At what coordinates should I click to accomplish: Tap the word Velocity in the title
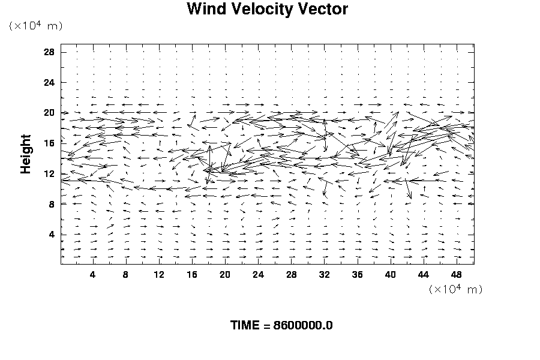[262, 10]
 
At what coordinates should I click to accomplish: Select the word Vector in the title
[324, 10]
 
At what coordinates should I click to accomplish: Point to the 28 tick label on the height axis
[49, 52]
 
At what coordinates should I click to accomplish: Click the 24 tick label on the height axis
[49, 83]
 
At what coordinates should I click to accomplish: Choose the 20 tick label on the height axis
[49, 113]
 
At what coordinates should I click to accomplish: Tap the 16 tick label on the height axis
[49, 143]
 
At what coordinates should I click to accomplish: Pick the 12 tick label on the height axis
[49, 174]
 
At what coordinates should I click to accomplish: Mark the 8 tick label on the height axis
[52, 205]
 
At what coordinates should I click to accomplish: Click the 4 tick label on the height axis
[52, 235]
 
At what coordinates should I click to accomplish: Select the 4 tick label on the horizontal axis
[92, 275]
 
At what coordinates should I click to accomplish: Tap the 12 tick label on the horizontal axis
[159, 275]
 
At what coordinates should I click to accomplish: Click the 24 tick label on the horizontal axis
[258, 275]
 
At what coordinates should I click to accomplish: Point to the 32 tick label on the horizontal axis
[325, 275]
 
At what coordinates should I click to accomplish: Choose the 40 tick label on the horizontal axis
[391, 275]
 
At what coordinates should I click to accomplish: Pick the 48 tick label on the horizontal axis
[457, 275]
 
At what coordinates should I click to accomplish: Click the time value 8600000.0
[302, 326]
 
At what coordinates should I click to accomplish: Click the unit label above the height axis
[35, 26]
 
